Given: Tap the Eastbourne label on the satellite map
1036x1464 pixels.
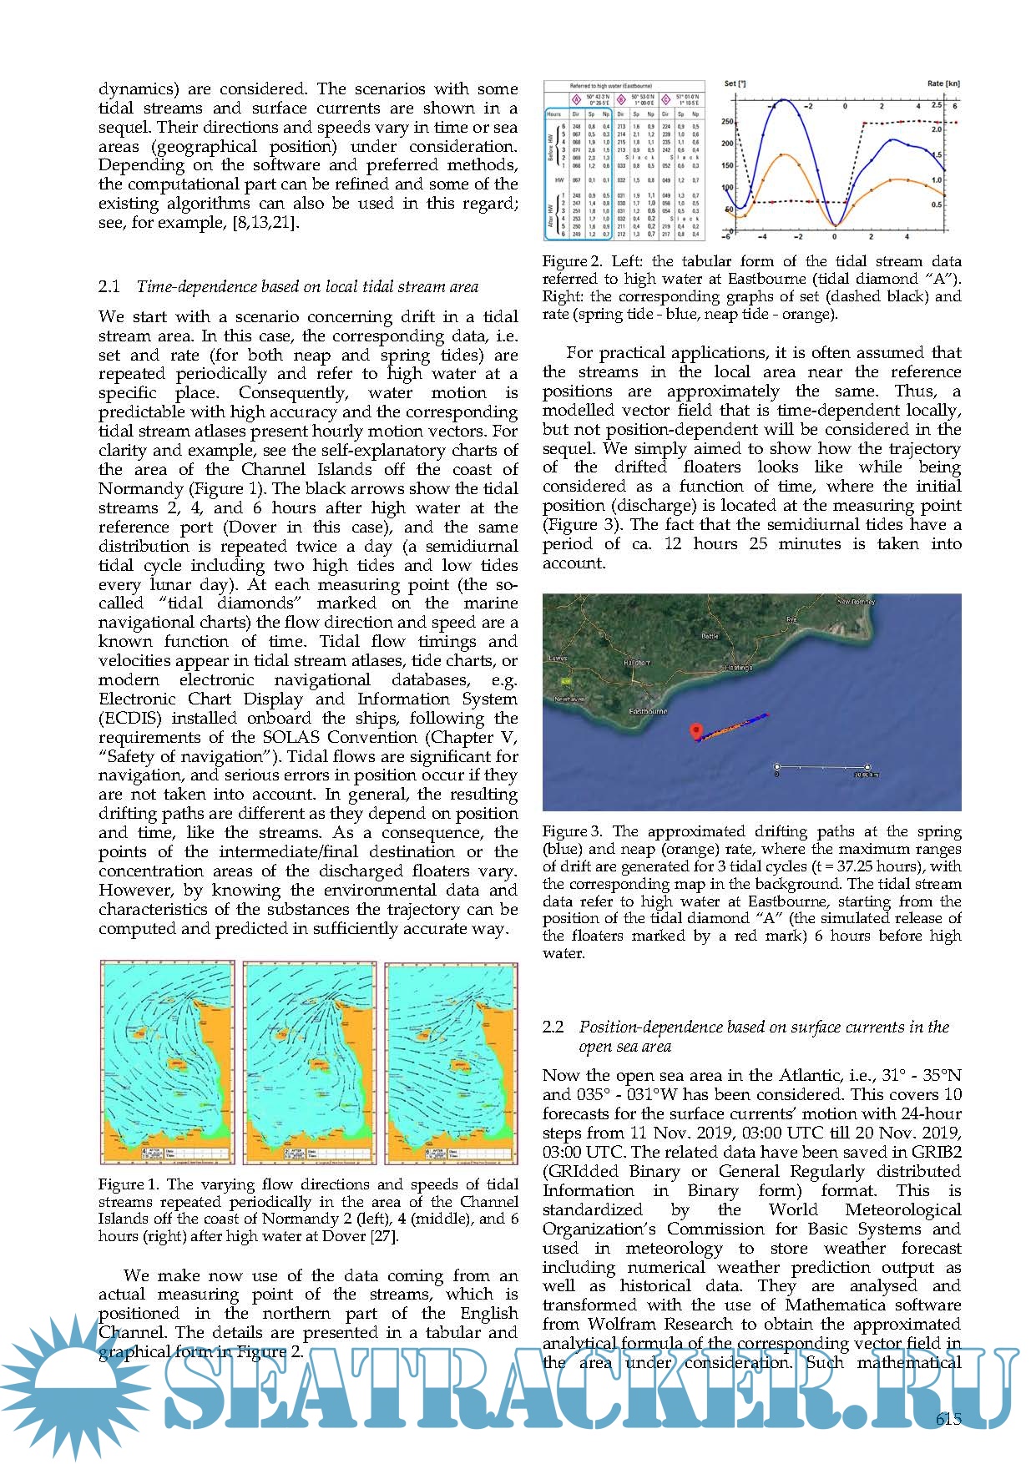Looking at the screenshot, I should point(648,711).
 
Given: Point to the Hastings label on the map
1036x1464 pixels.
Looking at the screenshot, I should point(737,667).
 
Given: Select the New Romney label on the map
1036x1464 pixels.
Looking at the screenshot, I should point(856,601).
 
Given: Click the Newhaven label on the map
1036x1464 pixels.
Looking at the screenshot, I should point(567,699).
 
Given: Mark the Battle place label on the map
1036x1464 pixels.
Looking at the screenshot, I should point(710,636).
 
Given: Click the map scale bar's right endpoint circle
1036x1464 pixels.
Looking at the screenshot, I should point(867,766).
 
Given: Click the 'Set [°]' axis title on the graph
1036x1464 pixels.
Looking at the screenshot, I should point(735,84).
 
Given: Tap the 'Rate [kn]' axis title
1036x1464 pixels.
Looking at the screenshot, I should point(943,84).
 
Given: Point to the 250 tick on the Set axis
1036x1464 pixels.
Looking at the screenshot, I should point(727,122).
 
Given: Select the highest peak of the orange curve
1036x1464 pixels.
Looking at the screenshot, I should point(783,154).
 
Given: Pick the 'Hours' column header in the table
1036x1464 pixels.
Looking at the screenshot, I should point(553,113).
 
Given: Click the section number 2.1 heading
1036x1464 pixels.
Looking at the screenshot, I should point(109,287).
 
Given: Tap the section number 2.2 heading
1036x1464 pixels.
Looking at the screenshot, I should point(553,1027).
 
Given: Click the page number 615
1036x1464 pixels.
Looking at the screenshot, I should point(948,1418).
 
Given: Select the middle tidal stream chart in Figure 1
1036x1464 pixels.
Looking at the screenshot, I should point(309,1062).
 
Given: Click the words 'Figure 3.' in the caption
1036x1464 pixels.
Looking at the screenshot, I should point(572,831).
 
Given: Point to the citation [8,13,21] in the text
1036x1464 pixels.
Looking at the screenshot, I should point(265,223).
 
